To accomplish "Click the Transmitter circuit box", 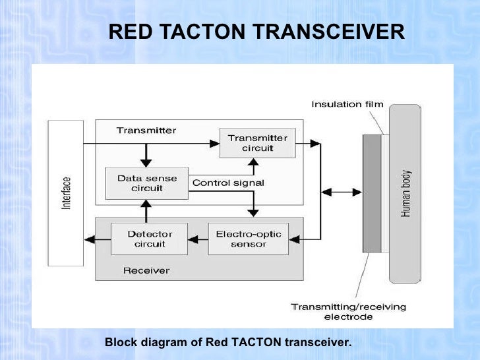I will coord(257,142).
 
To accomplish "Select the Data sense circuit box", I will coord(144,183).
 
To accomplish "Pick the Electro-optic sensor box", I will coord(248,239).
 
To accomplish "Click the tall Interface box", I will coord(66,193).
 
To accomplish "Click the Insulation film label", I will coord(347,104).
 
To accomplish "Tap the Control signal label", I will coord(228,183).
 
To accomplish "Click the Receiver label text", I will coord(146,270).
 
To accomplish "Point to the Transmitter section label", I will coord(146,131).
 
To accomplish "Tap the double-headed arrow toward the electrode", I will coord(341,192).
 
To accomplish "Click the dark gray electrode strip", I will coord(372,193).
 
